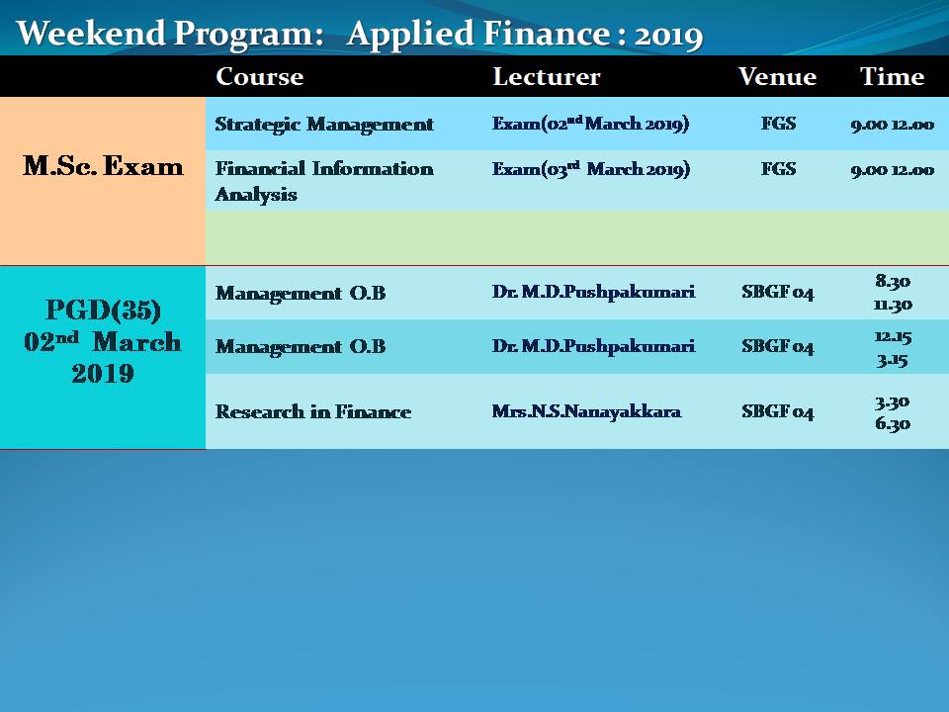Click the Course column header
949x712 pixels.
point(260,77)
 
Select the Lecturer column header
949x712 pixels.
point(547,77)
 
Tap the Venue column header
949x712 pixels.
point(777,77)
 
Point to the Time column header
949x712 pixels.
point(892,77)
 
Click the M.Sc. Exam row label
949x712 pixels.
point(103,166)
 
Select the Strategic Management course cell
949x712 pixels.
point(324,125)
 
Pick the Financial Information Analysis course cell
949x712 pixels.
point(324,181)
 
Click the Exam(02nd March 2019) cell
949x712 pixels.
point(591,124)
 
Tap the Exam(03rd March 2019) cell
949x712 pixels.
point(591,168)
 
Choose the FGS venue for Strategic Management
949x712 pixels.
point(778,124)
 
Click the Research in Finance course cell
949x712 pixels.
point(313,411)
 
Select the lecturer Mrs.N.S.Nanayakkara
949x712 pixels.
point(586,411)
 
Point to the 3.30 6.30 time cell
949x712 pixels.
point(892,412)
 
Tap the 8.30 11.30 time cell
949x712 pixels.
point(893,293)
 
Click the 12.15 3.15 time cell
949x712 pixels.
point(893,348)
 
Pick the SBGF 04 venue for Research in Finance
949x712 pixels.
point(778,411)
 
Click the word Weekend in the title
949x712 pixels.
point(91,33)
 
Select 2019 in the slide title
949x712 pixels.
point(668,36)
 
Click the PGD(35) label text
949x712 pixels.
point(103,310)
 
